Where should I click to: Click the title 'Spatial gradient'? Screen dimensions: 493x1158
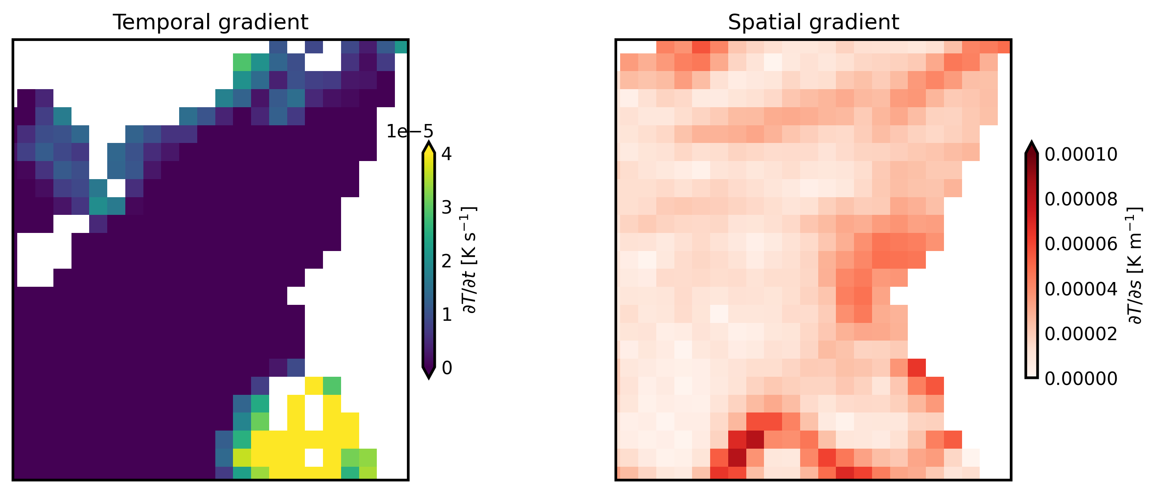coord(813,22)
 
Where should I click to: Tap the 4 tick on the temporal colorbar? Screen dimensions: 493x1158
coord(447,154)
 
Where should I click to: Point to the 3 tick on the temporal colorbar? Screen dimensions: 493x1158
coord(447,208)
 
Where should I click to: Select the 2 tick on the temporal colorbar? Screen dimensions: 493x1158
coord(447,261)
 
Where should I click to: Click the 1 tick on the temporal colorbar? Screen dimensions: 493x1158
coord(447,315)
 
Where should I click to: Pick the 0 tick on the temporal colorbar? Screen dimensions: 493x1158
coord(447,368)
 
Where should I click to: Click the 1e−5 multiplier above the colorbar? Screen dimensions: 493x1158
coord(410,132)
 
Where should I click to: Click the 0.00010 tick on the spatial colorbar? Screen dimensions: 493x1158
coord(1080,155)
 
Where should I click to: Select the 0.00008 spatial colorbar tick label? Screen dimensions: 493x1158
coord(1080,199)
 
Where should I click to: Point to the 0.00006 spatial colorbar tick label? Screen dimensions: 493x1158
coord(1080,244)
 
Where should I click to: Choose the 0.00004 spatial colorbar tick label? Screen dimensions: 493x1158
coord(1080,289)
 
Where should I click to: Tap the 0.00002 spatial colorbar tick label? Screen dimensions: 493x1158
coord(1080,334)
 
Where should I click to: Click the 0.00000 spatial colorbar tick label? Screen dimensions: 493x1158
coord(1080,379)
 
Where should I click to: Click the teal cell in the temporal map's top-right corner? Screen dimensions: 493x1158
coord(401,47)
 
